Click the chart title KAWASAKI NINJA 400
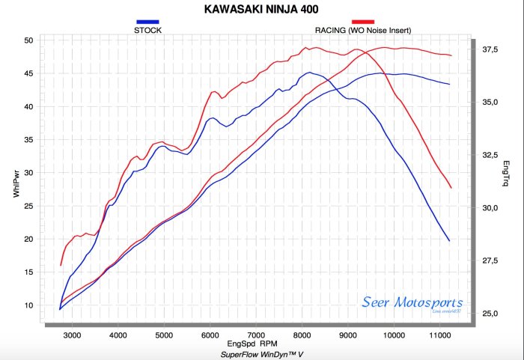[x=261, y=9]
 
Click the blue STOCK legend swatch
[x=147, y=22]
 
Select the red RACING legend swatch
[x=362, y=22]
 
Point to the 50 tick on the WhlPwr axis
[x=28, y=40]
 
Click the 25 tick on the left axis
[x=28, y=206]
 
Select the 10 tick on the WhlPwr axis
[x=28, y=305]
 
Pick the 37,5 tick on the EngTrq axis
[x=490, y=49]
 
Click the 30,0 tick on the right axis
[x=490, y=207]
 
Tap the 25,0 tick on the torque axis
[x=490, y=313]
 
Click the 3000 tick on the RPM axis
[x=72, y=335]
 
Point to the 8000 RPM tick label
[x=302, y=335]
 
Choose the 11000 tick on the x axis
[x=439, y=335]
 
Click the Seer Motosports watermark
[x=412, y=303]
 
